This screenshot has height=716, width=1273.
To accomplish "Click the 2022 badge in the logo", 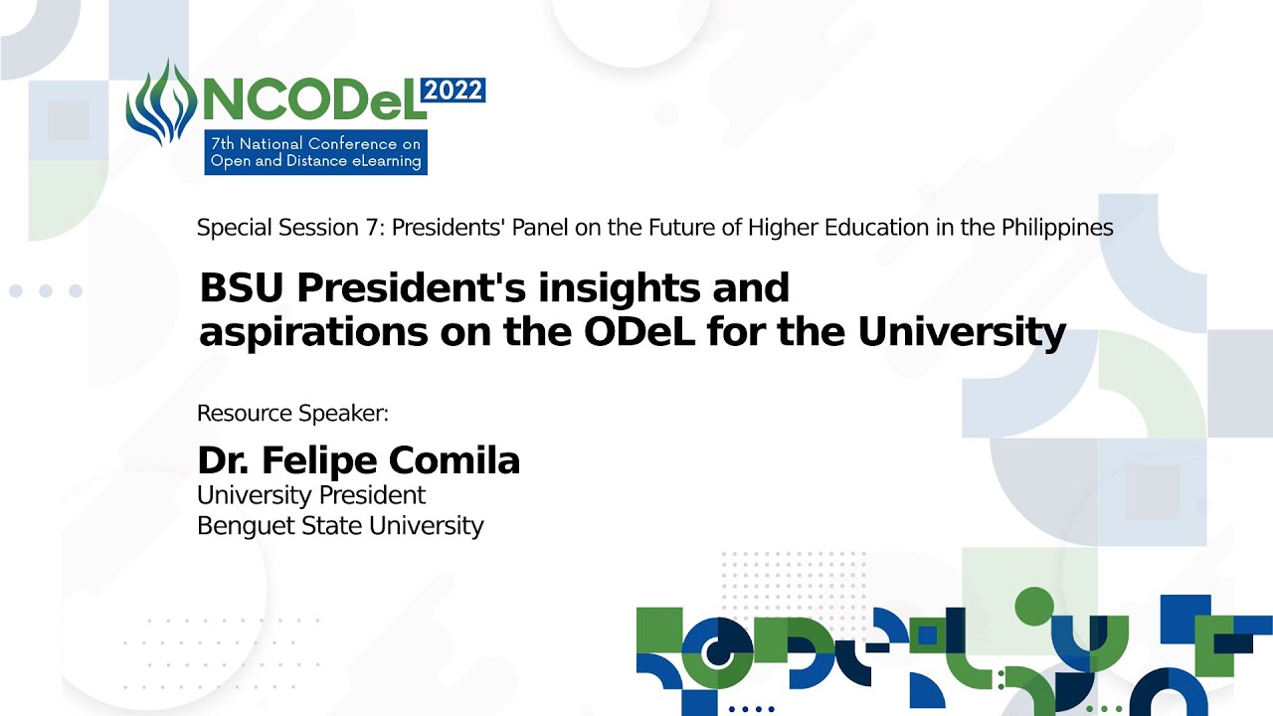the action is coord(453,90).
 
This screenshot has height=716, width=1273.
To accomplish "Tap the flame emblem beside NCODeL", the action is coord(161,102).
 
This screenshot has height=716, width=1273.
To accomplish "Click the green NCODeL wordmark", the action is coord(314,101).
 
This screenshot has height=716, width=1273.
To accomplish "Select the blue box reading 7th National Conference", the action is coord(316,152).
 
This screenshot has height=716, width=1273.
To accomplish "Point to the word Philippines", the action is coord(1057,228).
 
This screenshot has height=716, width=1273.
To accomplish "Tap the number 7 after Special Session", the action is coord(372,228).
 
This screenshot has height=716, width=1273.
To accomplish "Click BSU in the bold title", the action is coord(242,287).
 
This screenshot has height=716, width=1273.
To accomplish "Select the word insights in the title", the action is coord(619,288).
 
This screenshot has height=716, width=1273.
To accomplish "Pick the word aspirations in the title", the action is coord(313,332).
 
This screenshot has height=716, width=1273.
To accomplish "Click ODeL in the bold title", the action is coord(639,332).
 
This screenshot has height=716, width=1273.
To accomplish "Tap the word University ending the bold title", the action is coord(962,332).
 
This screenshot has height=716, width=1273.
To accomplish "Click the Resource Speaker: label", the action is coord(292,413).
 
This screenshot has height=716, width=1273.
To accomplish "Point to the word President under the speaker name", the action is coord(372,495).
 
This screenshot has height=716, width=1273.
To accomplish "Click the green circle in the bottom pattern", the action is coord(1034,607).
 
